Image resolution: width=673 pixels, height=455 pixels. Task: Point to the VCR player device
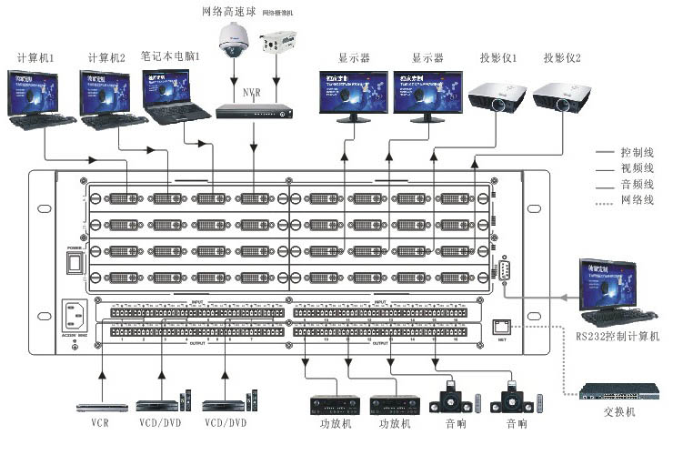102,407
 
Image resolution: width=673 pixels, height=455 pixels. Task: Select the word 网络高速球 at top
230,11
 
